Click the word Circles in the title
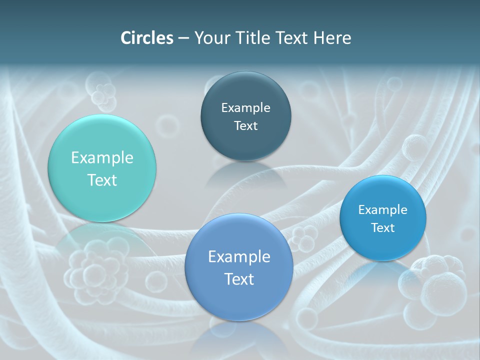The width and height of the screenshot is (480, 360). click(x=146, y=38)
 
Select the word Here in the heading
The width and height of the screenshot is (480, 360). click(x=332, y=38)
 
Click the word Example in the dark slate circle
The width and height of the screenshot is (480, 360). click(x=246, y=108)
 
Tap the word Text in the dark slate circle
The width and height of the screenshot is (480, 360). click(x=246, y=126)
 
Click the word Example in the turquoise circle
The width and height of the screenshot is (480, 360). click(x=102, y=158)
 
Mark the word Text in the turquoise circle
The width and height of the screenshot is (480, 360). click(x=102, y=180)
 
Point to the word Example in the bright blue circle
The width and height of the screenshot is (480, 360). click(x=383, y=210)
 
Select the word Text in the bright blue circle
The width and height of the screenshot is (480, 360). click(x=383, y=228)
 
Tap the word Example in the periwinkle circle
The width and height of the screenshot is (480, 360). click(x=239, y=257)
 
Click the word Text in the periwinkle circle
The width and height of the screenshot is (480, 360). click(x=239, y=279)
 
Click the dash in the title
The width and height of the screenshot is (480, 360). click(x=183, y=38)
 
